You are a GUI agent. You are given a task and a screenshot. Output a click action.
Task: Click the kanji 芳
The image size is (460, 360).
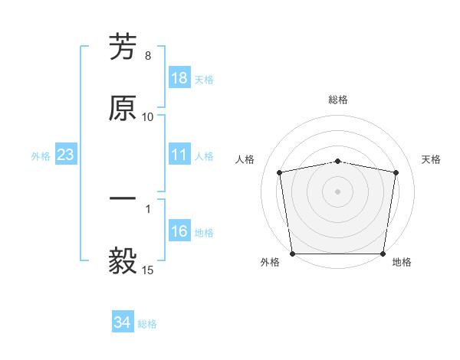pos(123,48)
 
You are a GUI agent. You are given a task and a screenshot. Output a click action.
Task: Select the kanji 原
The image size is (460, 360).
pos(123,108)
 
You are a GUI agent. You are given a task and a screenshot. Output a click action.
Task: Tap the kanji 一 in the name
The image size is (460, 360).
pos(123,201)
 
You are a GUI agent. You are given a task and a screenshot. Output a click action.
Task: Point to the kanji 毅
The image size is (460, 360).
pos(123,261)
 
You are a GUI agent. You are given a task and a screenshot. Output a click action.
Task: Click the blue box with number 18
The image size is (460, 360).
pos(179,78)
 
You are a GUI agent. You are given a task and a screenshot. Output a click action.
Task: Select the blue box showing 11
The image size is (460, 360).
pos(179,155)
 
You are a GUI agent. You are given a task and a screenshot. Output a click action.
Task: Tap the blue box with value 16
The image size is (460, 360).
pos(179,232)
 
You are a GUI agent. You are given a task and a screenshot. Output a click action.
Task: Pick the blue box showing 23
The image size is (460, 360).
pos(66,155)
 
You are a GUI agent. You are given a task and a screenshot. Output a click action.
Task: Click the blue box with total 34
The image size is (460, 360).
pos(123,322)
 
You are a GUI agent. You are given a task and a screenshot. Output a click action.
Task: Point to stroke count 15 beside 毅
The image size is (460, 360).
pos(148,270)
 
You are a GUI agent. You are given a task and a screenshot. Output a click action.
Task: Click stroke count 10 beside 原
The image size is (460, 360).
pos(148,116)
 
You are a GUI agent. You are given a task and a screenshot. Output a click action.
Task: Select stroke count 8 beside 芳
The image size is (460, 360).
pos(148,56)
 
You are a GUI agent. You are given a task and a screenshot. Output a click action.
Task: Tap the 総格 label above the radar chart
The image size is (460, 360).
pos(338,100)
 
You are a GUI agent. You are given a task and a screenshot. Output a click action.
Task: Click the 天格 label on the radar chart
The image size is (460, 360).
pos(432,159)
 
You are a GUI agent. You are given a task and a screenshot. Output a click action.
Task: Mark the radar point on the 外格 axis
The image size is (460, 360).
pos(292,254)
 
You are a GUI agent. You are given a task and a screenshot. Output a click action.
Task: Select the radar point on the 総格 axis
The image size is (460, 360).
pos(338,161)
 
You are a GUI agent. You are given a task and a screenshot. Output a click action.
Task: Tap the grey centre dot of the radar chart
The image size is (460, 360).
pos(338,191)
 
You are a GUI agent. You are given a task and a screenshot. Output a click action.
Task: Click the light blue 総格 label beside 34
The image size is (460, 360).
pos(147,324)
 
